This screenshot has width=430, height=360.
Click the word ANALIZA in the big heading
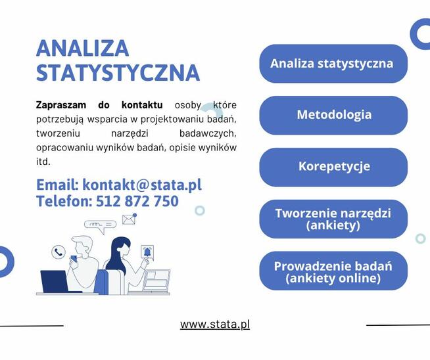[83, 48]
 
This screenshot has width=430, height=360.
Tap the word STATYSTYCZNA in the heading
[118, 73]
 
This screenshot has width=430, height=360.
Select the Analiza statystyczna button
[333, 64]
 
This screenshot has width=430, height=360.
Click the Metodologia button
[333, 115]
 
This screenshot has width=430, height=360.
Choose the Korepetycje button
[333, 167]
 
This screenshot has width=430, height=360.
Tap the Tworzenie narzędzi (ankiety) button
[333, 219]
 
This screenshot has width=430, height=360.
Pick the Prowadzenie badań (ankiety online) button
[333, 271]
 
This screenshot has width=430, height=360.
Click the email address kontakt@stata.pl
[142, 185]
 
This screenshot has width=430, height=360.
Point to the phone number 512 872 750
[137, 201]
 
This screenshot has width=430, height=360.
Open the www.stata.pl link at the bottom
[215, 325]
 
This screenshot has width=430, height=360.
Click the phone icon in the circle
[59, 252]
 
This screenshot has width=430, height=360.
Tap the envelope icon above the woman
[129, 219]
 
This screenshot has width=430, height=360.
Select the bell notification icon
[147, 252]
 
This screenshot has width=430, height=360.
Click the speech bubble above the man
[100, 226]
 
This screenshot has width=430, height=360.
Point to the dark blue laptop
[54, 281]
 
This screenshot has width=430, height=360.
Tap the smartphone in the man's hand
[74, 258]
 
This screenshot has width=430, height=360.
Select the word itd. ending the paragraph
[43, 162]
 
